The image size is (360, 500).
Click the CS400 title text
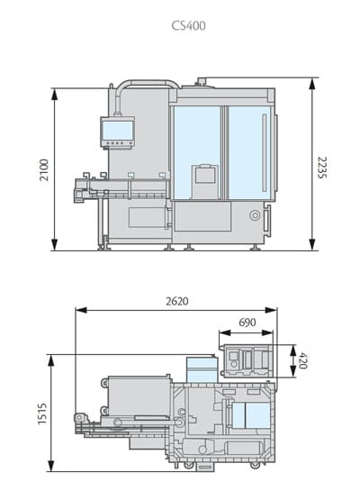[x=188, y=26]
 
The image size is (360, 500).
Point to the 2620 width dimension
[x=176, y=301]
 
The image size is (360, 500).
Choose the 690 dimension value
[x=247, y=323]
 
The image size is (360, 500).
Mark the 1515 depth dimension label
[x=42, y=412]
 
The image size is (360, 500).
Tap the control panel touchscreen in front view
[x=117, y=132]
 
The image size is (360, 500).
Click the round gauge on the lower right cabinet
[x=254, y=216]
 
